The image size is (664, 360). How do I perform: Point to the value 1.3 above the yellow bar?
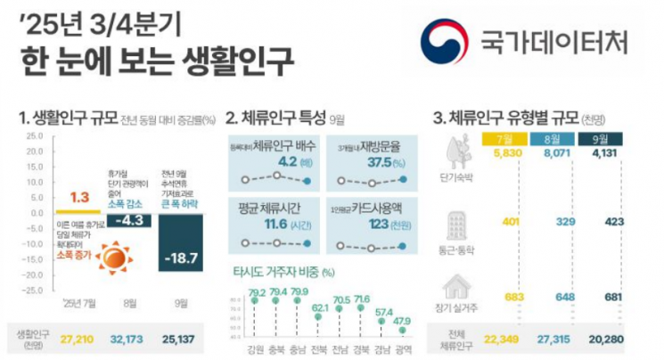pos(79,198)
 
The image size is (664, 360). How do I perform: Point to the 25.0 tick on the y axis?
pos(35,136)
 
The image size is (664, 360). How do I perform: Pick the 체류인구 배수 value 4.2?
pos(288,162)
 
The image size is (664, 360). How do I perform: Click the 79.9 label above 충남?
pos(300,291)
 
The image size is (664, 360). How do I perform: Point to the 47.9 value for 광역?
pos(404,320)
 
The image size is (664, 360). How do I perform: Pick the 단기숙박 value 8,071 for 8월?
pos(557,153)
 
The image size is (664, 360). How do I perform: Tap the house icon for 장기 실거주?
pos(458,287)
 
